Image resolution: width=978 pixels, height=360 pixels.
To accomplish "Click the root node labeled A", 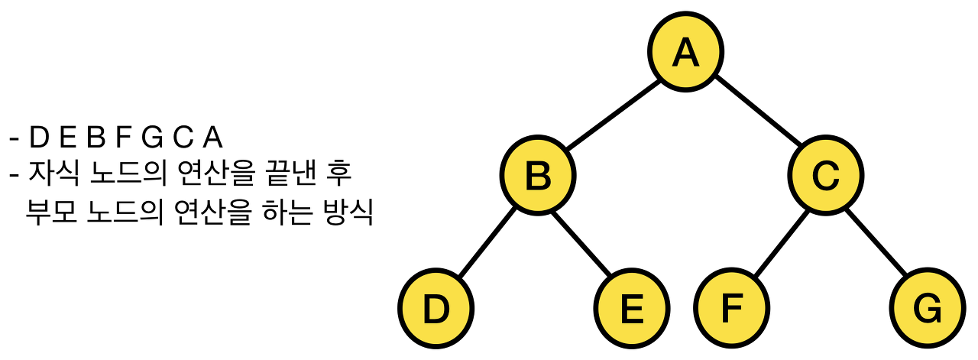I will coord(685,51).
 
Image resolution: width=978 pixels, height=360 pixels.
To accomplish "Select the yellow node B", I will coord(538,176).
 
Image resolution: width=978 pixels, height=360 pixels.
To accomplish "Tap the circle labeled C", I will coord(826,176).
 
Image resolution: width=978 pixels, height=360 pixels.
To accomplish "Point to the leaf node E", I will coord(633,309).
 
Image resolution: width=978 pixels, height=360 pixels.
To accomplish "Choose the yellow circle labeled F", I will coord(731,309).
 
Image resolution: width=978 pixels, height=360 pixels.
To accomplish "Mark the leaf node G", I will coord(928,309).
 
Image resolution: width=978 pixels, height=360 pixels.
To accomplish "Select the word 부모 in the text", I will coord(48,212).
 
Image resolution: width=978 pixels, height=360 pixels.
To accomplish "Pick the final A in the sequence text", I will coord(212,138).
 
